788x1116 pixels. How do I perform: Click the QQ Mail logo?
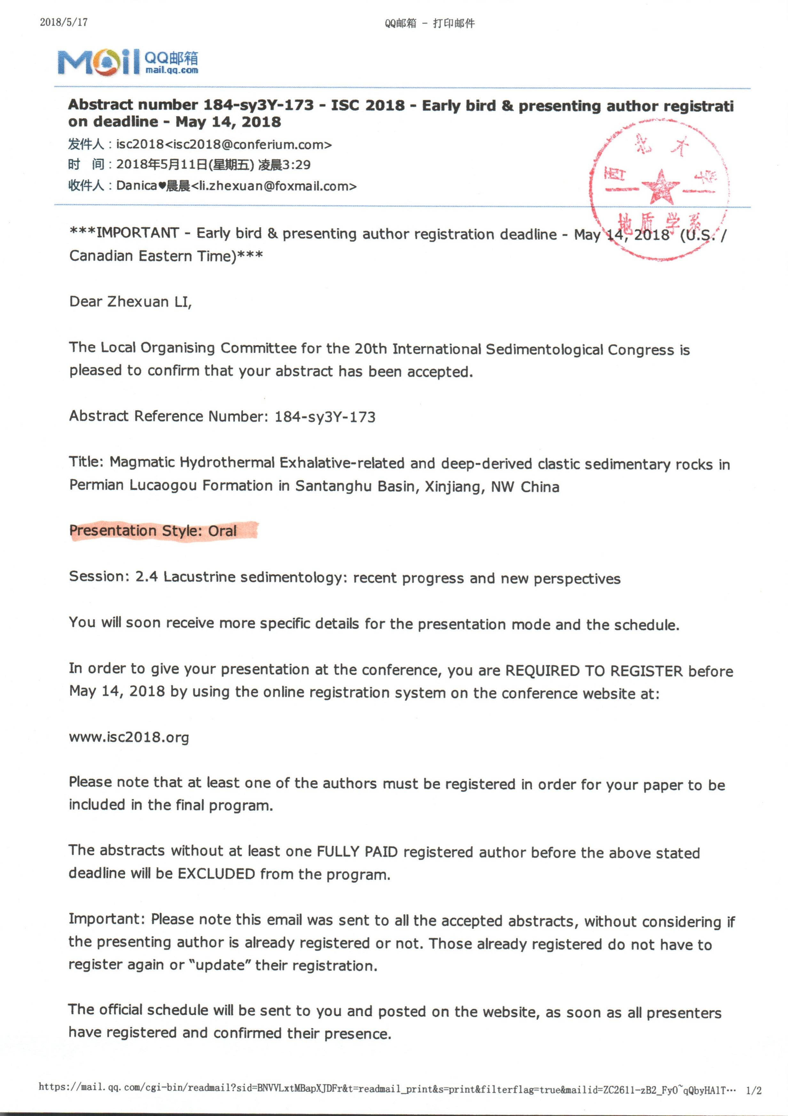(127, 62)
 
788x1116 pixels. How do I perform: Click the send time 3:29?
(297, 165)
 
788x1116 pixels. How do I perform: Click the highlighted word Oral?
(222, 531)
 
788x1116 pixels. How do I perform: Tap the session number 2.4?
(146, 577)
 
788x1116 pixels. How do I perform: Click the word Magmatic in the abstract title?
(142, 462)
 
